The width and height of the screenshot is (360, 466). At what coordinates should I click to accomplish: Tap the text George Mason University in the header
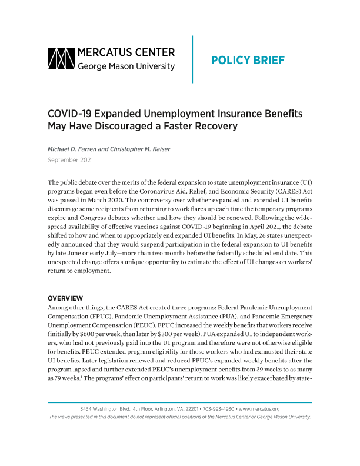coord(126,67)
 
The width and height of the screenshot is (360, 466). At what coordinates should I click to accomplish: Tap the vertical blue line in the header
coord(192,59)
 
